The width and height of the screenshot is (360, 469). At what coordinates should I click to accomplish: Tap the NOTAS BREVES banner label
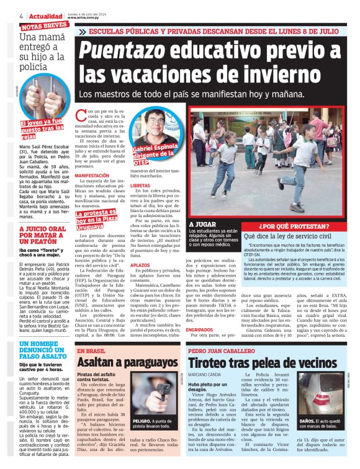coord(44,25)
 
